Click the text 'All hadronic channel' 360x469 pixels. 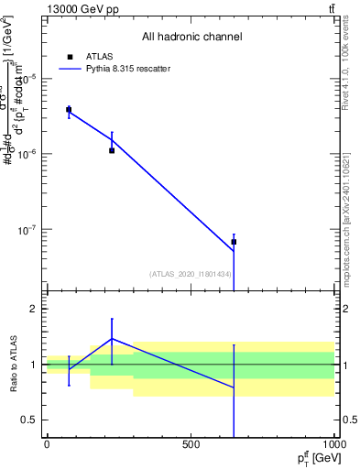point(191,38)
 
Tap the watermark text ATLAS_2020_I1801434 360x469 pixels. point(191,274)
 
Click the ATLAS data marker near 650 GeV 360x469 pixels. point(234,242)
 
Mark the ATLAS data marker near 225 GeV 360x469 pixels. point(112,150)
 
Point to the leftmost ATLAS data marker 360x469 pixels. point(69,110)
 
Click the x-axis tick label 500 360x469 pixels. point(191,444)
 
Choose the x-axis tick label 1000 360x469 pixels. point(333,444)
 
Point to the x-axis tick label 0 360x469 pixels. point(47,444)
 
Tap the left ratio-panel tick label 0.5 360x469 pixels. point(29,420)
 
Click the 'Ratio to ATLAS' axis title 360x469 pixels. point(11,365)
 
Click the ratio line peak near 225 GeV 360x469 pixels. point(112,338)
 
